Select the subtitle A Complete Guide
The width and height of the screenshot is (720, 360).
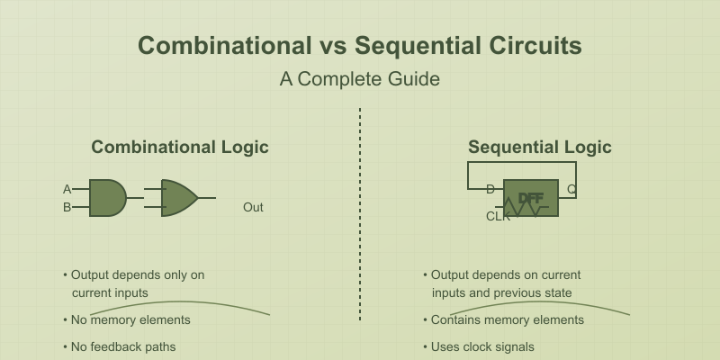coord(359,79)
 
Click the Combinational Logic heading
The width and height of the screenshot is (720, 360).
coord(180,148)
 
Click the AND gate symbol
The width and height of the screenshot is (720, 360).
coord(107,198)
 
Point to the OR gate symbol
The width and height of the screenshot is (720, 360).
coord(179,198)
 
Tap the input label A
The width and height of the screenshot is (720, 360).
coord(67,189)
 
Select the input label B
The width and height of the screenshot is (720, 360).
coord(67,207)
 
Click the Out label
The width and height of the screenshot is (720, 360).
coord(253,208)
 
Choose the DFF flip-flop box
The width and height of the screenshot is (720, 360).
coord(531,198)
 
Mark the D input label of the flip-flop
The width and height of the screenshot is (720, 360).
coord(490,189)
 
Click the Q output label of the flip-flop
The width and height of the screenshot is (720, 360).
coord(571,189)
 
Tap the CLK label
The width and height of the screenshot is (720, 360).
coord(498,216)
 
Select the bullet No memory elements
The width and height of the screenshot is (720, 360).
coord(130,319)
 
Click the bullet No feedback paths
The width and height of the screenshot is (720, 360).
coord(123,346)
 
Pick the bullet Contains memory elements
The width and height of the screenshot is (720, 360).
coord(508,319)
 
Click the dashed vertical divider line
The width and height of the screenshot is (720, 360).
coord(360,216)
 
